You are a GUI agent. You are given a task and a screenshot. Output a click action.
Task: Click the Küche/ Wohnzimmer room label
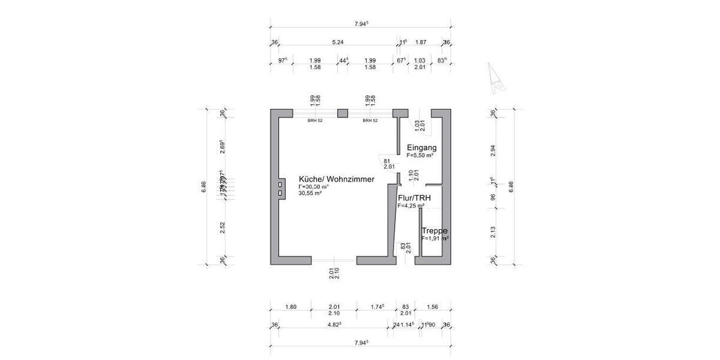337,179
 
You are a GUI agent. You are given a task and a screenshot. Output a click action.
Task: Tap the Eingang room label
421,148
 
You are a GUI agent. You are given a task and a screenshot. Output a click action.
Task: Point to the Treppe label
435,231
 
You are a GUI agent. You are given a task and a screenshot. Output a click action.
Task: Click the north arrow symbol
496,78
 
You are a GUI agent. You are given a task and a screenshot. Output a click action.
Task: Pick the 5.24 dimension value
338,42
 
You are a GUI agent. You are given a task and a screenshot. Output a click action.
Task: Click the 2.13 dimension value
493,232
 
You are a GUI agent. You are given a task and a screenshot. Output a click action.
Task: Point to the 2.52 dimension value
222,228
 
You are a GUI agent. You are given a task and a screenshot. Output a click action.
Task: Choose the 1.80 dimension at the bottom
290,307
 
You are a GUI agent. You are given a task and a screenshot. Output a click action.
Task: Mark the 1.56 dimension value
431,307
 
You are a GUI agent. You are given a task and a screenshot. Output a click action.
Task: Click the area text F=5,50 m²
420,155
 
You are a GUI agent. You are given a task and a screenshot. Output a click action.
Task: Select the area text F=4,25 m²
411,205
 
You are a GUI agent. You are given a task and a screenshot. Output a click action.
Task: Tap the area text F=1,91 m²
435,238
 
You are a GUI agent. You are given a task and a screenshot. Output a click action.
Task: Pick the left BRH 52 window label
315,121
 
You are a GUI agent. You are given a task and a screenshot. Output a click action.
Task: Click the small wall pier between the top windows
343,113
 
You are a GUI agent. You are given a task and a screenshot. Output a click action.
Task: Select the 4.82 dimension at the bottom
334,325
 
